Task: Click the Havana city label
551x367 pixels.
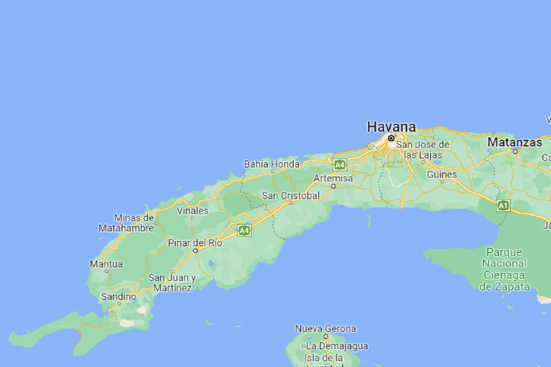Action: [391, 126]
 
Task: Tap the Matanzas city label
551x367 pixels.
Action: [514, 142]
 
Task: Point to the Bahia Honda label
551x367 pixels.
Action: [272, 164]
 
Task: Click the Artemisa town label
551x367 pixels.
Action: [333, 178]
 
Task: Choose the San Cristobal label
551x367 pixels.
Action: [291, 196]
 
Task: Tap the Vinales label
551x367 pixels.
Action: [192, 211]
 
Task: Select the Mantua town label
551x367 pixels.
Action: [106, 264]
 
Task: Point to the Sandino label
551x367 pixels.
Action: [118, 296]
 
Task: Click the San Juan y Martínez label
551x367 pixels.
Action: [172, 283]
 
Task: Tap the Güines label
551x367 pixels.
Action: [442, 174]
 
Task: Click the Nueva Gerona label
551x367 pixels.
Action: [325, 329]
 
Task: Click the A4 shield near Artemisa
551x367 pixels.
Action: [340, 165]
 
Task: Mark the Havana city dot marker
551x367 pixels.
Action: [391, 138]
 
